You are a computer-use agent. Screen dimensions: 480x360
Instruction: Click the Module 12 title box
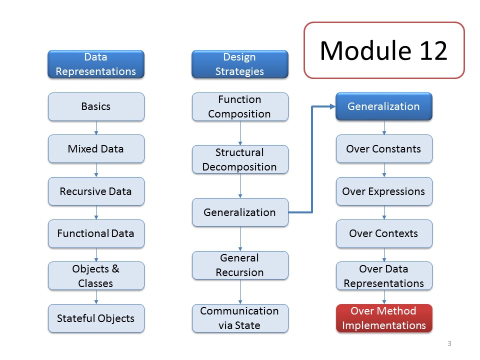click(384, 50)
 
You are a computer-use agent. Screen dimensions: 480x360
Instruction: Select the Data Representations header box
click(96, 64)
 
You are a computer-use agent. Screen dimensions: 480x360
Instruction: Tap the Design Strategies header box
click(239, 64)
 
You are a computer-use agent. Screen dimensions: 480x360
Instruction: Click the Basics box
click(96, 106)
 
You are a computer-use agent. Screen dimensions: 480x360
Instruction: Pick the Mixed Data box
click(96, 149)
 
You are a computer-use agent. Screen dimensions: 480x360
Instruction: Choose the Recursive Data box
click(96, 191)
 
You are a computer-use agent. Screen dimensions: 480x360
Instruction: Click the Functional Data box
click(96, 233)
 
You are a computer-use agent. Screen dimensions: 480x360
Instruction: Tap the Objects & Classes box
click(96, 276)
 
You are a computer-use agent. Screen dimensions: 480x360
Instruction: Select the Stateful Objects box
click(96, 318)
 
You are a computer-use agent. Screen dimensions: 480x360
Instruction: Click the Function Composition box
click(240, 106)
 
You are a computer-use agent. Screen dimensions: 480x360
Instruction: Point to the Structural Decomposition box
click(240, 159)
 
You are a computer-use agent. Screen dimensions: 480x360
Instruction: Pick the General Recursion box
click(240, 265)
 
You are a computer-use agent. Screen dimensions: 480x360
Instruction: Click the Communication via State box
click(240, 318)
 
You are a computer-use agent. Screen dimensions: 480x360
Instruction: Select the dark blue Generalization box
click(384, 106)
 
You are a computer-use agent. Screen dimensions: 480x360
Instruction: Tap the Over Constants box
click(384, 149)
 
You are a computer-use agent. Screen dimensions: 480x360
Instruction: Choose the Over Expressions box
click(384, 191)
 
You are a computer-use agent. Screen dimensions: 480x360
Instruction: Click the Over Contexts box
click(384, 233)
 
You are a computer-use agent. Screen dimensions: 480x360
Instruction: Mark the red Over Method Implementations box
click(384, 318)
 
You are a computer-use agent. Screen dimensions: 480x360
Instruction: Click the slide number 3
click(449, 343)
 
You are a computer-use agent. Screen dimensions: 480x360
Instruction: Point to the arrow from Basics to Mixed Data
click(96, 128)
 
